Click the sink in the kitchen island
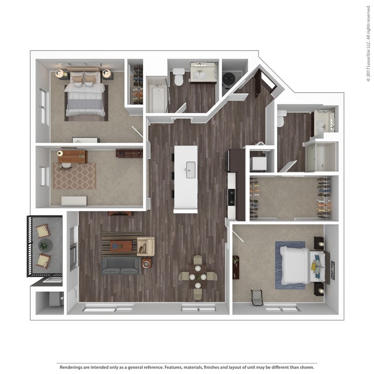(x=191, y=170)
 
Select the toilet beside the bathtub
(x=179, y=77)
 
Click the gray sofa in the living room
(x=120, y=265)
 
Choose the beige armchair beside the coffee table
(x=146, y=246)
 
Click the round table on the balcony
(x=45, y=245)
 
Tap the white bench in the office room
(x=74, y=201)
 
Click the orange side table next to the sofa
(x=146, y=263)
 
